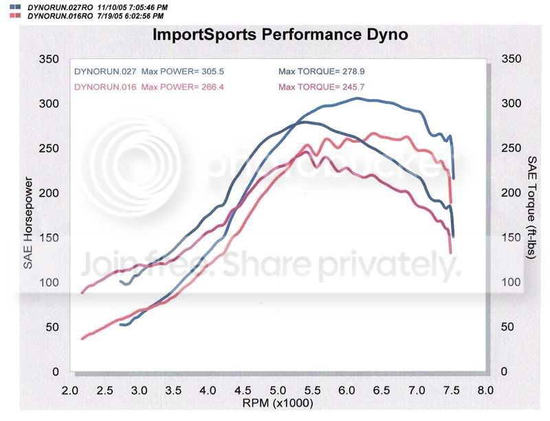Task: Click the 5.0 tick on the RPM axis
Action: [278, 390]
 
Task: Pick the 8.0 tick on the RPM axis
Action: [486, 390]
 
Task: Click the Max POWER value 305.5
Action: [213, 71]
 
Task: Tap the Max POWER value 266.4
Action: [213, 87]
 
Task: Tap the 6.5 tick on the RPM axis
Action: [382, 390]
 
